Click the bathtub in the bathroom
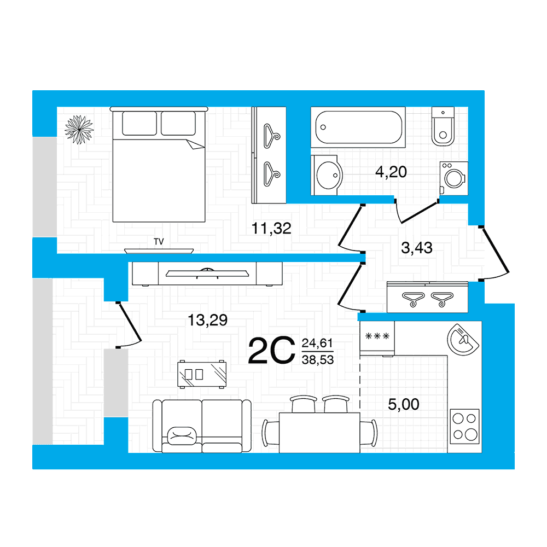click(x=358, y=127)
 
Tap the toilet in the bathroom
click(x=443, y=126)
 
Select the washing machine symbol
click(x=454, y=178)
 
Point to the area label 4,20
click(x=391, y=172)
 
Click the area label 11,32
click(x=271, y=229)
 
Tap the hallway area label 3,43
click(x=417, y=248)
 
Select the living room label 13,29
click(x=207, y=320)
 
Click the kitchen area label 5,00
click(x=404, y=404)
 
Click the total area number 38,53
click(x=318, y=360)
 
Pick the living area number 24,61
click(x=317, y=344)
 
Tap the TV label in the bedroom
click(x=159, y=241)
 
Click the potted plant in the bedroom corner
click(x=79, y=130)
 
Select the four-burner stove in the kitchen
click(x=464, y=427)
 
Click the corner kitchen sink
click(x=463, y=340)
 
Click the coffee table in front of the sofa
click(x=202, y=374)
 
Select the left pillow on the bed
click(x=139, y=123)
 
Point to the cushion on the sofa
click(x=182, y=436)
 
